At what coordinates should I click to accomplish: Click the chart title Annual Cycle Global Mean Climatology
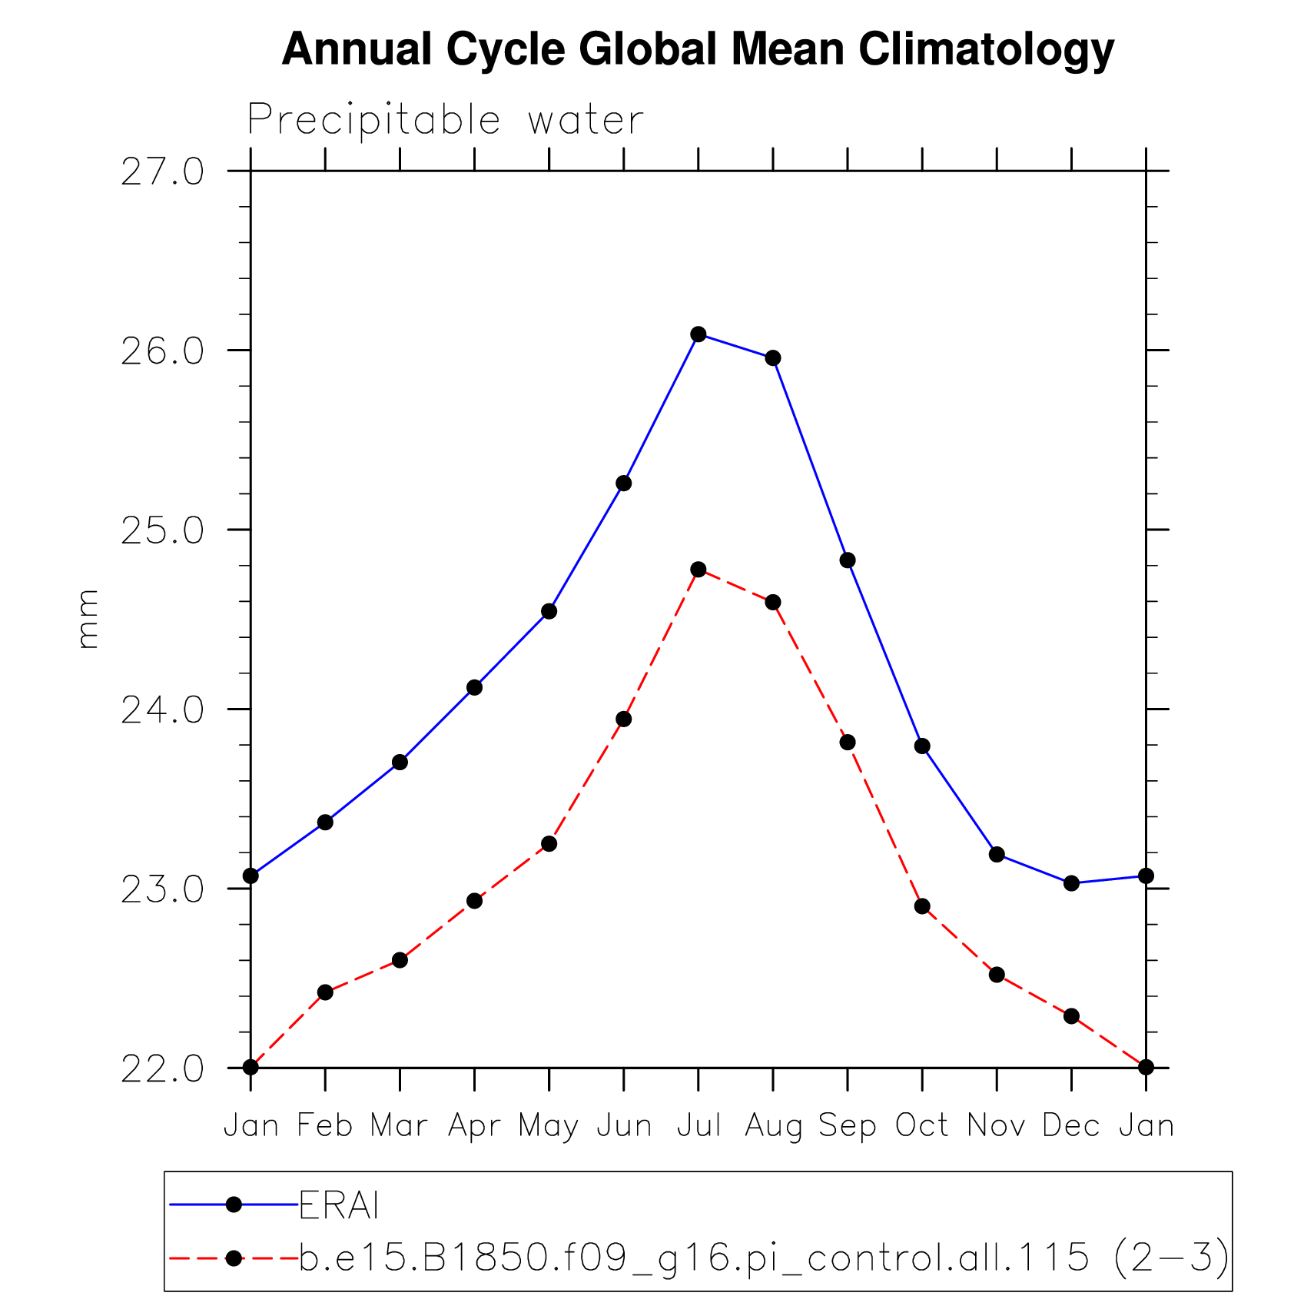click(698, 49)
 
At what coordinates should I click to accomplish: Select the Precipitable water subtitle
click(445, 120)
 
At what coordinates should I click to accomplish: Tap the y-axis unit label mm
click(88, 619)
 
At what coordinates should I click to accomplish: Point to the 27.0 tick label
click(162, 171)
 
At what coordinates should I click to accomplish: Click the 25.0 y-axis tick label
click(162, 530)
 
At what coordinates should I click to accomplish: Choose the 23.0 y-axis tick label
click(162, 889)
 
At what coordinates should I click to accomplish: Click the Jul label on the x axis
click(698, 1125)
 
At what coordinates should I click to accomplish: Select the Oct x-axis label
click(922, 1125)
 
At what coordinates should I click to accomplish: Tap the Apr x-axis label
click(474, 1125)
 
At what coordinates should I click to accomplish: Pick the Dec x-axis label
click(1071, 1125)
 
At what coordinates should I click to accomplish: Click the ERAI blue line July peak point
click(698, 334)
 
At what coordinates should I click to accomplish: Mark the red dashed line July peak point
click(698, 569)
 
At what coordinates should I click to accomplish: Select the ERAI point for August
click(773, 357)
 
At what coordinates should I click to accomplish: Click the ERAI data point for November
click(997, 854)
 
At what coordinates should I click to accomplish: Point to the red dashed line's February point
click(325, 992)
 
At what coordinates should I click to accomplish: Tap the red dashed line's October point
click(922, 906)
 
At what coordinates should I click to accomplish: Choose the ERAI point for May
click(549, 611)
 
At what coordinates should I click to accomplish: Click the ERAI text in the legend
click(339, 1205)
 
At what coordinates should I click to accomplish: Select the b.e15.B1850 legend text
click(764, 1258)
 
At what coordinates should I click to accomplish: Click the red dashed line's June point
click(624, 719)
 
